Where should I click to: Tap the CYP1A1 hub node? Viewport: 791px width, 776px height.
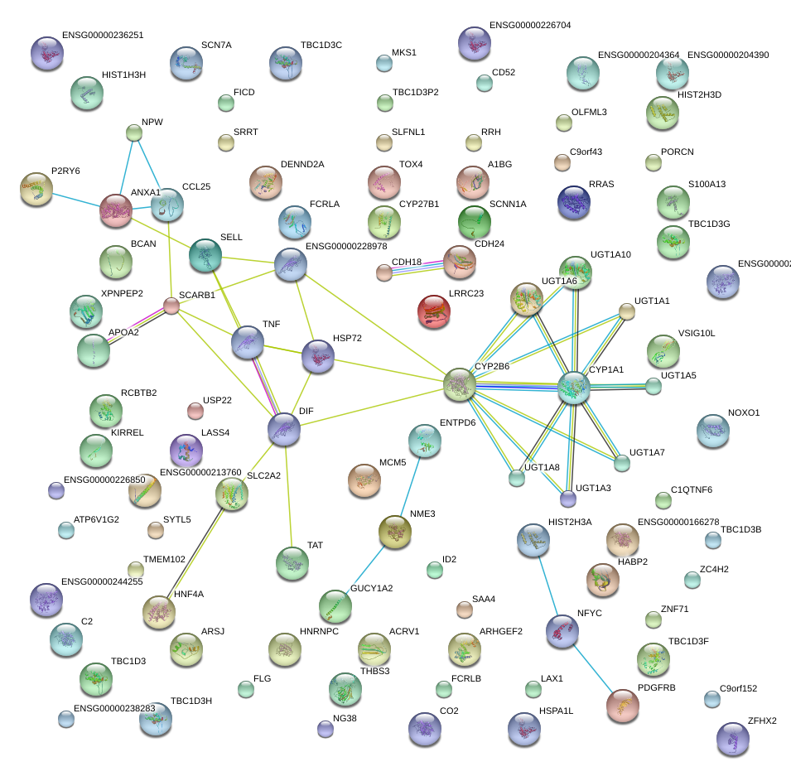pos(574,388)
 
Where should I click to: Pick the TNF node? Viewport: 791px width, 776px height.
pos(248,342)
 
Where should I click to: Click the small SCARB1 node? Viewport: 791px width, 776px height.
pos(171,306)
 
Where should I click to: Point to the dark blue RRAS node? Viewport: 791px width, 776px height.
pos(574,202)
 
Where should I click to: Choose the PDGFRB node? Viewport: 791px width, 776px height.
pos(623,705)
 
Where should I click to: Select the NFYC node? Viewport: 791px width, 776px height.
pos(562,631)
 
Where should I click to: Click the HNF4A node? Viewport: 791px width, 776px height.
pos(159,612)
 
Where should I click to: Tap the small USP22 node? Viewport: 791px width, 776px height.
pos(195,410)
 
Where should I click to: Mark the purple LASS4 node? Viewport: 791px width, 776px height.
pos(186,450)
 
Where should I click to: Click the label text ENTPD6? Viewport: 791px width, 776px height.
pos(457,422)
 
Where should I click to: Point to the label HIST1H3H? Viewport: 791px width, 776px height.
pos(123,75)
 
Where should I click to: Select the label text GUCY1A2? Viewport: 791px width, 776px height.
pos(371,588)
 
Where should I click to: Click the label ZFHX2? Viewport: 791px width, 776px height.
pos(762,721)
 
